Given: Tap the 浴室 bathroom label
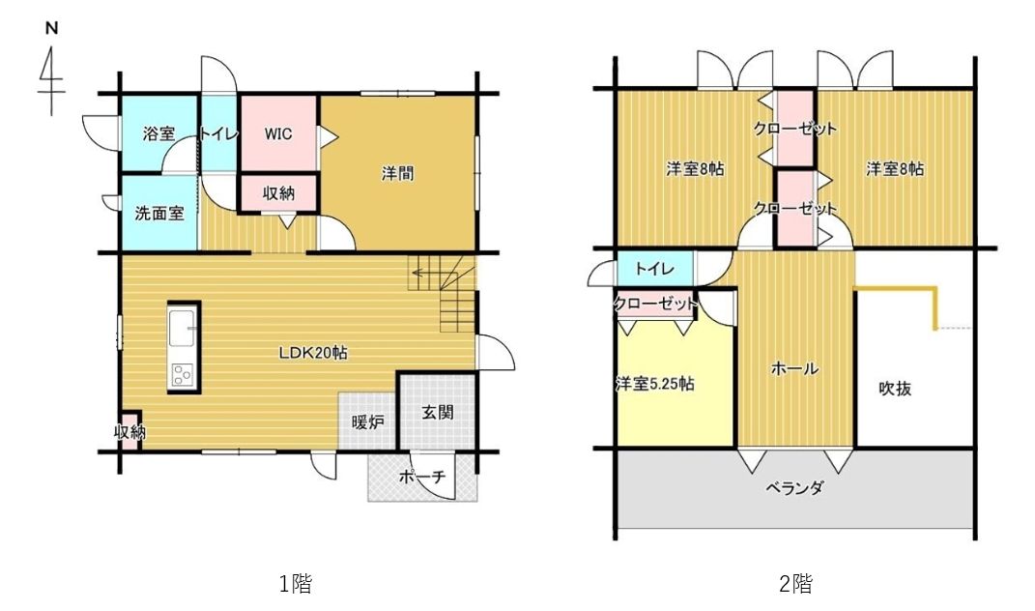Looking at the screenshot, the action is click(159, 133).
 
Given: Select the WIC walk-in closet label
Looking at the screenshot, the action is click(278, 134).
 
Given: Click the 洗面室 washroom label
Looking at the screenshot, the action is click(159, 214).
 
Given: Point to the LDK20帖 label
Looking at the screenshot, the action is click(313, 352).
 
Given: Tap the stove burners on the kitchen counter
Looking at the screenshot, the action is click(183, 375).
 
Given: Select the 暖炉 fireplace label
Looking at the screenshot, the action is click(367, 422).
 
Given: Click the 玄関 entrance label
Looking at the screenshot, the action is click(437, 413).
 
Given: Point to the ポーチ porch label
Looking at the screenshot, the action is click(422, 477).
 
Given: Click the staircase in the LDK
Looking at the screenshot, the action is click(443, 294).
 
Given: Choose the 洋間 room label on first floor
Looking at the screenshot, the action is click(398, 174).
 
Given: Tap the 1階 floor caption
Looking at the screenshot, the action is click(295, 583).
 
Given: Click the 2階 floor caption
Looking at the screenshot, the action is click(795, 583).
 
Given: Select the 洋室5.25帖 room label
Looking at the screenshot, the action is click(655, 384).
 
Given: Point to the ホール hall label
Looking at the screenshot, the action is click(794, 368).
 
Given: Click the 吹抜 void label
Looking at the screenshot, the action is click(895, 389).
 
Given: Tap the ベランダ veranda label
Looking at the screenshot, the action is click(794, 488).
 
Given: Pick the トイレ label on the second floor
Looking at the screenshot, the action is click(655, 269).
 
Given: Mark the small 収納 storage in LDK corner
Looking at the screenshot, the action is click(129, 431).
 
